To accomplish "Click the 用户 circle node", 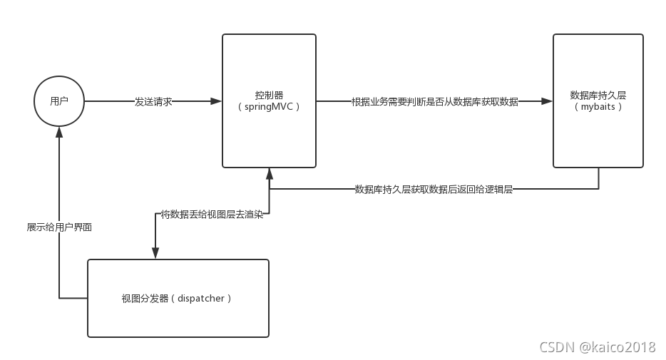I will pyautogui.click(x=59, y=101).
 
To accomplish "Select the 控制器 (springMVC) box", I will pyautogui.click(x=269, y=101).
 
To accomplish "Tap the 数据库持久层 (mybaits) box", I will pyautogui.click(x=598, y=101).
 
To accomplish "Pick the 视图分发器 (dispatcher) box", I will pyautogui.click(x=178, y=298).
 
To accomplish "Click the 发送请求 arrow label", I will pyautogui.click(x=153, y=101).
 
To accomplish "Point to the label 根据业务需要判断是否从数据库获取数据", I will pyautogui.click(x=435, y=101).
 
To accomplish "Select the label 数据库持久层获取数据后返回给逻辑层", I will pyautogui.click(x=434, y=190).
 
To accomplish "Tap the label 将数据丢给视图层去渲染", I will pyautogui.click(x=212, y=215).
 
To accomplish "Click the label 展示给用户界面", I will pyautogui.click(x=59, y=227).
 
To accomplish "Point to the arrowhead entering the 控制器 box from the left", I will pyautogui.click(x=216, y=101).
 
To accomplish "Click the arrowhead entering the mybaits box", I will pyautogui.click(x=547, y=101).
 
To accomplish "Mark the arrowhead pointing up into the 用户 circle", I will pyautogui.click(x=59, y=133).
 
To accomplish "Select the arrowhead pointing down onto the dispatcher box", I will pyautogui.click(x=155, y=253).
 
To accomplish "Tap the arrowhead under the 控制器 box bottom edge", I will pyautogui.click(x=269, y=174).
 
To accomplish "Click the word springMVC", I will pyautogui.click(x=268, y=107).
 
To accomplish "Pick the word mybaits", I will pyautogui.click(x=598, y=107).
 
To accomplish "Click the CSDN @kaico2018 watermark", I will pyautogui.click(x=597, y=347).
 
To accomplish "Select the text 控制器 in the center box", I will pyautogui.click(x=269, y=95).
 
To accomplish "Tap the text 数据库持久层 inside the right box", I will pyautogui.click(x=598, y=95).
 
